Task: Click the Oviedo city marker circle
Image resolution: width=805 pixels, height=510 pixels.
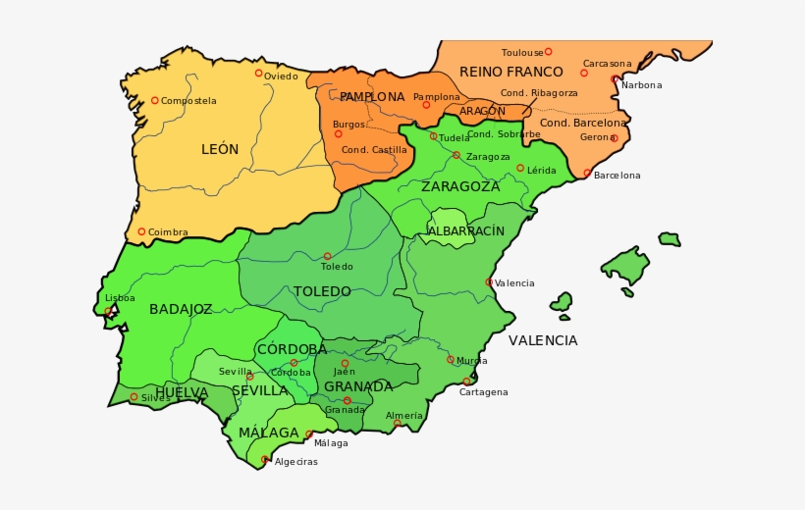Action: [x=259, y=73]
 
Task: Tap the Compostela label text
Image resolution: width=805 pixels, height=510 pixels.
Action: [x=188, y=101]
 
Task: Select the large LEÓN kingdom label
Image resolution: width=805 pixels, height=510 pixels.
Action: [x=220, y=149]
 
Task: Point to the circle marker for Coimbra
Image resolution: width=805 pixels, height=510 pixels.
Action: [x=141, y=231]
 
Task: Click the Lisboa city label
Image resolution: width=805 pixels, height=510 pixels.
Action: [x=120, y=297]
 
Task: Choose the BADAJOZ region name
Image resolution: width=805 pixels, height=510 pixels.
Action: [x=181, y=309]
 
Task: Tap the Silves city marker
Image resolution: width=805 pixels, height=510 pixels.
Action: [x=134, y=397]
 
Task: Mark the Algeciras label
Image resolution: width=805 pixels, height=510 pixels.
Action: [x=295, y=462]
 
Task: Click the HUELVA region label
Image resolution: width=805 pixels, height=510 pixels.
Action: [x=182, y=392]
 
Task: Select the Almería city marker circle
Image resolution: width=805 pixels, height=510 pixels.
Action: [x=398, y=424]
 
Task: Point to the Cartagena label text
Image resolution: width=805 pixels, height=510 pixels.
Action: [x=483, y=392]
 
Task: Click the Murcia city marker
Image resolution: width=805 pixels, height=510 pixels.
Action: [x=451, y=359]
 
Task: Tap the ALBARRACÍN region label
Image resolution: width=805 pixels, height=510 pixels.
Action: [x=466, y=231]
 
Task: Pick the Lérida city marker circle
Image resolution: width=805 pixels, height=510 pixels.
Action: [x=520, y=168]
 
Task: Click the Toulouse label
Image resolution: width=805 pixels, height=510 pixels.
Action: [x=521, y=52]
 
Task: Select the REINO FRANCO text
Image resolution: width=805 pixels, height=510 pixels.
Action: [x=510, y=72]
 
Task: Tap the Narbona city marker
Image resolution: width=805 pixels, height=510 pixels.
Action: [x=615, y=78]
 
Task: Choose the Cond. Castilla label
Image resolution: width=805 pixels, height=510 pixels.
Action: [x=374, y=150]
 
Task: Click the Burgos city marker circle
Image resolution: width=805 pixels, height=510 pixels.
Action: [x=339, y=133]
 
